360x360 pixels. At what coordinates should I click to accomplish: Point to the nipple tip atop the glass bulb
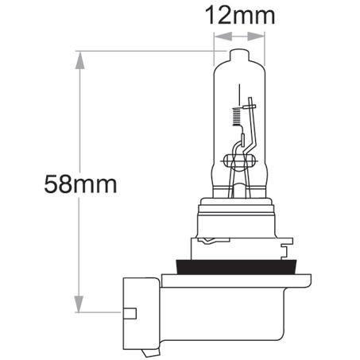coord(238,53)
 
